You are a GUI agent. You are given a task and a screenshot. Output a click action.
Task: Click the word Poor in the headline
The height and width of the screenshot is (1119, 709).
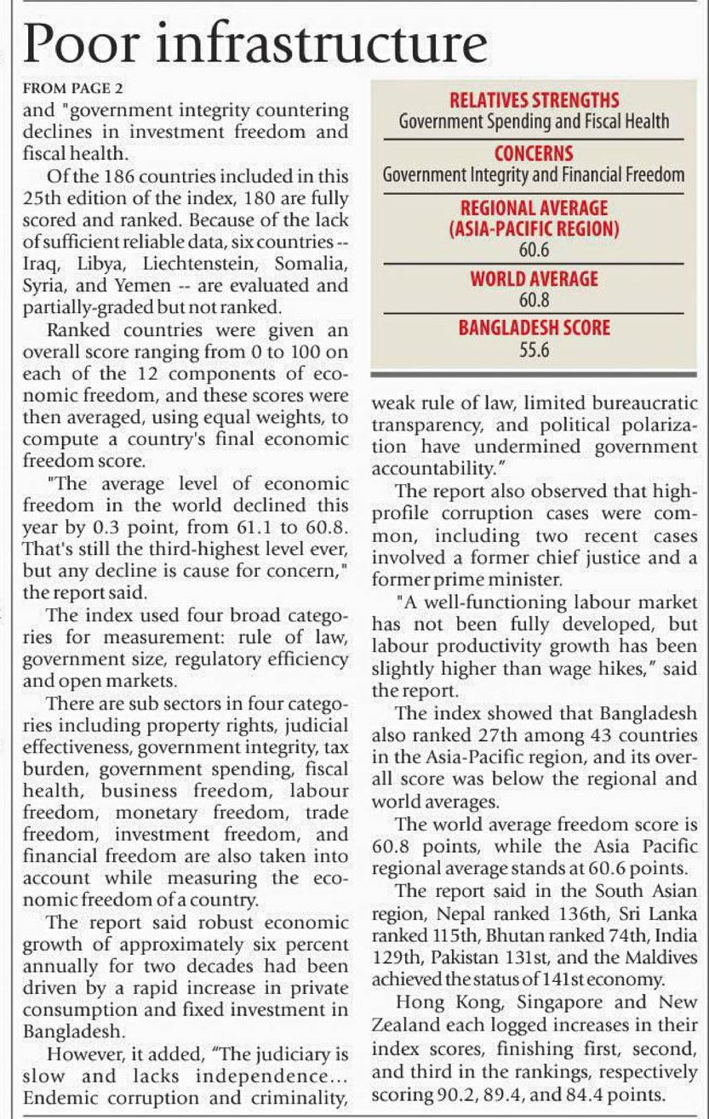click(76, 43)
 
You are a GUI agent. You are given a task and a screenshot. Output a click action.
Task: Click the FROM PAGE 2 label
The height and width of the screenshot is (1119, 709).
click(65, 88)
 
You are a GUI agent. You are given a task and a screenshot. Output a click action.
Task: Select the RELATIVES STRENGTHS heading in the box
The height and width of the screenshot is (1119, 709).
click(534, 100)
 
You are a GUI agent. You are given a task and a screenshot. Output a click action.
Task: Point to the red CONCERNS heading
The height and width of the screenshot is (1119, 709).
click(534, 154)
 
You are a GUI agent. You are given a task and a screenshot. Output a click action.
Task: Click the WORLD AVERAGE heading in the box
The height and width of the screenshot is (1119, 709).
click(534, 279)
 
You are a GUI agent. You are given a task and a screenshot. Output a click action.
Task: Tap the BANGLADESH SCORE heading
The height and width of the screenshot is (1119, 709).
click(534, 328)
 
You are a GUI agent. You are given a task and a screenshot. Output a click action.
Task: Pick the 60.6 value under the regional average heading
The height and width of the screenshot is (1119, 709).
click(534, 250)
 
